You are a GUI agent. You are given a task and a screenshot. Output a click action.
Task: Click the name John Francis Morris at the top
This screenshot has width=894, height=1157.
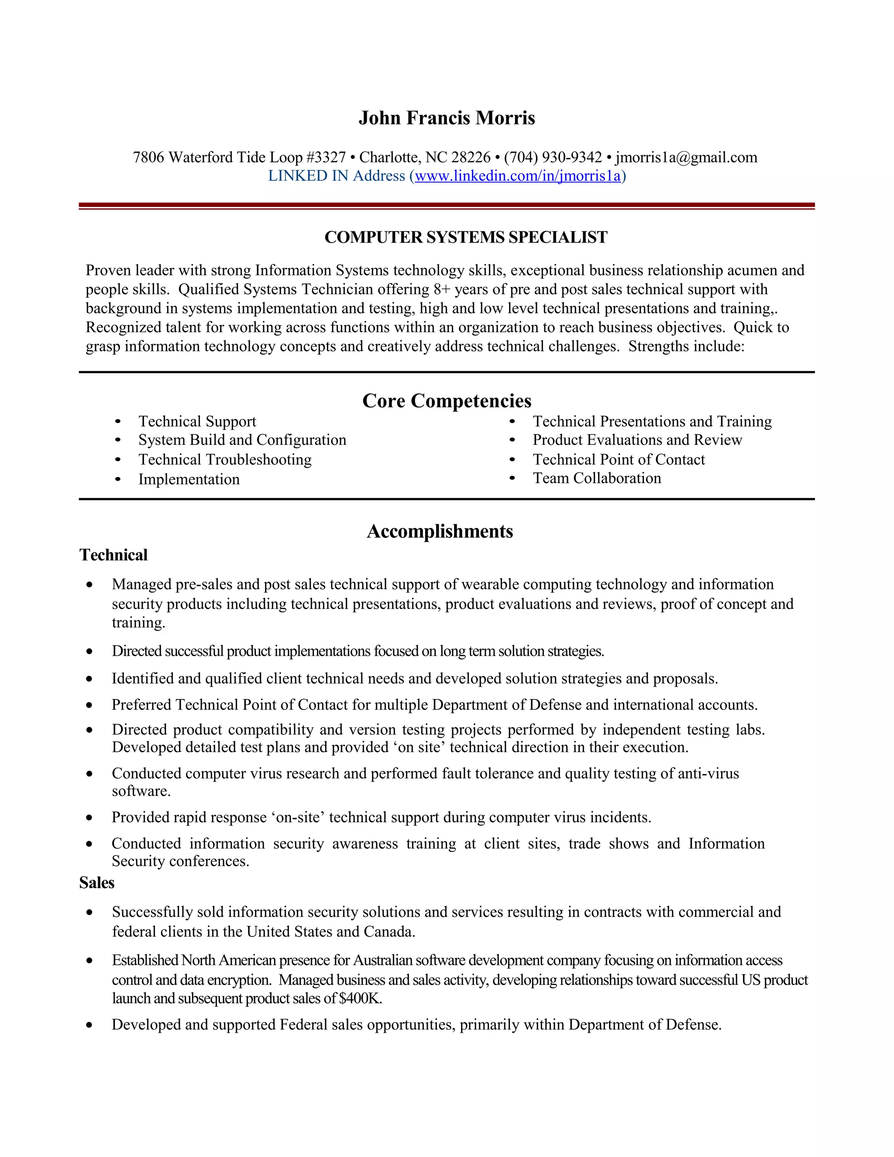click(447, 117)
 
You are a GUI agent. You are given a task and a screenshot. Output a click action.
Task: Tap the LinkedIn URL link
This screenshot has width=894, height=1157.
click(517, 176)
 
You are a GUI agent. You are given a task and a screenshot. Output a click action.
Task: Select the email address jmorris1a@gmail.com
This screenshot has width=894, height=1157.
click(686, 157)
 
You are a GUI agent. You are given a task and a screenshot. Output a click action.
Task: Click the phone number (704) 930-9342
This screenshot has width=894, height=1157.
click(553, 157)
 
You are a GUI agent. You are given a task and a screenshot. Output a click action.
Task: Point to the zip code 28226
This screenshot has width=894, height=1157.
click(471, 157)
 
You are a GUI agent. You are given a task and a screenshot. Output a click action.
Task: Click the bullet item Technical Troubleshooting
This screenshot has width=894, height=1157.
click(225, 459)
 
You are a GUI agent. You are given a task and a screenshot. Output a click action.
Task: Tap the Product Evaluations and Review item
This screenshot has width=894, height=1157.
click(637, 440)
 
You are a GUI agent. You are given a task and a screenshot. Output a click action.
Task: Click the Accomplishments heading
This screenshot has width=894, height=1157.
click(440, 531)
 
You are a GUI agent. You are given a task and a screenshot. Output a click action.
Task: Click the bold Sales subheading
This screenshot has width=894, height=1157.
click(96, 882)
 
